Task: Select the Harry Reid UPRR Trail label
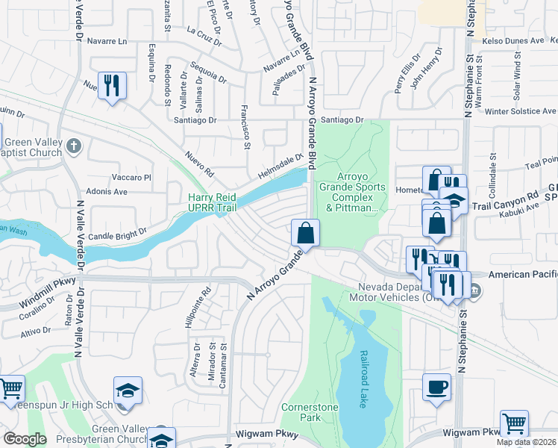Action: (217, 202)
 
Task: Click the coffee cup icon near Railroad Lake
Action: (436, 387)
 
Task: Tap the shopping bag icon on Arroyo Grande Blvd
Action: (305, 233)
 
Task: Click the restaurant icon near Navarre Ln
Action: (112, 85)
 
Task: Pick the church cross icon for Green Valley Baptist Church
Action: (74, 146)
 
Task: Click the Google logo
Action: (25, 439)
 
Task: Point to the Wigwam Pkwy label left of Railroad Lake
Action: (268, 432)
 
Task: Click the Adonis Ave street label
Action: (106, 191)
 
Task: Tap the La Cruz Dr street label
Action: (204, 36)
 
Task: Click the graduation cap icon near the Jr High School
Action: (127, 391)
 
